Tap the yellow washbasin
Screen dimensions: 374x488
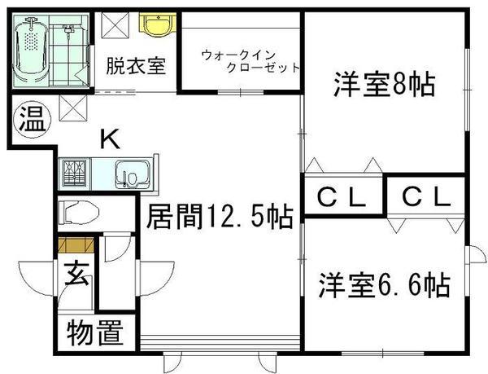(x=155, y=25)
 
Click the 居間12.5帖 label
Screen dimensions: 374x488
(x=220, y=218)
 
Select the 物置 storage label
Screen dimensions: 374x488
(x=94, y=334)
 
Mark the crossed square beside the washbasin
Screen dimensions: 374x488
(x=114, y=26)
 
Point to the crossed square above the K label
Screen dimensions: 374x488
(x=71, y=106)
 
